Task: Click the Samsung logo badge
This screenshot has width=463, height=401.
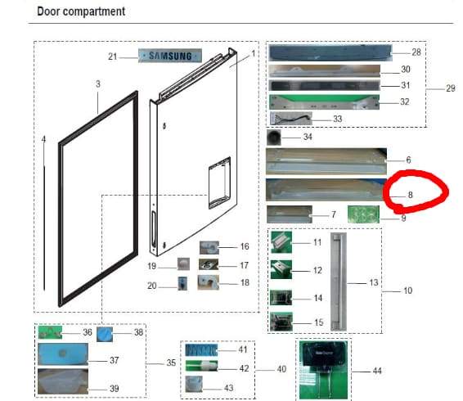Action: (x=170, y=56)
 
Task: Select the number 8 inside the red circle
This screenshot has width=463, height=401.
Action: (x=410, y=195)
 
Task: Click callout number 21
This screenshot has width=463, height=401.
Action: (x=113, y=56)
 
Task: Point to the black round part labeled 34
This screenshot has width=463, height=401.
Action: (x=274, y=137)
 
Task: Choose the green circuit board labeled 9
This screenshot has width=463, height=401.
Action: (x=363, y=214)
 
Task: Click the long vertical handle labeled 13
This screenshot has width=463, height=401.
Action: (x=339, y=282)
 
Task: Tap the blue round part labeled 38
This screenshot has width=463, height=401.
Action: (x=105, y=335)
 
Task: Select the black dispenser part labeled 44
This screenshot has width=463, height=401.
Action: (x=323, y=369)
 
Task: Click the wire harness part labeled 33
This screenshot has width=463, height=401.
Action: (x=291, y=119)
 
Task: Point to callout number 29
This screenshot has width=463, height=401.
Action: (x=450, y=88)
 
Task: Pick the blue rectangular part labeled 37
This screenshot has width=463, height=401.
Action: (x=63, y=354)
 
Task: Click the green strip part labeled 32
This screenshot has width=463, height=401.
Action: (x=324, y=102)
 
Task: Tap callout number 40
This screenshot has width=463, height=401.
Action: (x=281, y=369)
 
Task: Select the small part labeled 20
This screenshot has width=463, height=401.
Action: (x=182, y=284)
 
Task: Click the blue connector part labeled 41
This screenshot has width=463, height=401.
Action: (x=201, y=350)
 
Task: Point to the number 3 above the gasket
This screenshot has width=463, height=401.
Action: (x=98, y=84)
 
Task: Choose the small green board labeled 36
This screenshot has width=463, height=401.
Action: (x=50, y=332)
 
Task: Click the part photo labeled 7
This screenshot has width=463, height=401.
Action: (x=290, y=214)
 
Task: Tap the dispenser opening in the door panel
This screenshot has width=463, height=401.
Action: (x=219, y=183)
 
